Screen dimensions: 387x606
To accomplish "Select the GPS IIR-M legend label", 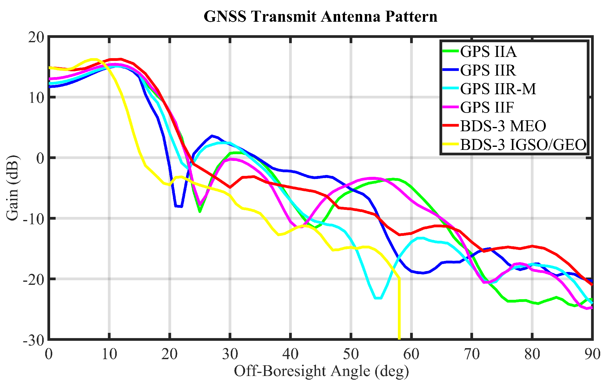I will point(498,89).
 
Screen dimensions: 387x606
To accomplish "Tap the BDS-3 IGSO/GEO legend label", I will point(523,145).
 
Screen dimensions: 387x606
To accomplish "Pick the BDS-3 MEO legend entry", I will point(503,126).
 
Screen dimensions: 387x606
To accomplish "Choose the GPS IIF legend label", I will point(487,107).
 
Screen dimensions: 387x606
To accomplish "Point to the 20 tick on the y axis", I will point(36,37).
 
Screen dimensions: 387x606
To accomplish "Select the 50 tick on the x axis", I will point(351,354).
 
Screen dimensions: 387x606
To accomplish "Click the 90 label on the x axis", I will point(592,354).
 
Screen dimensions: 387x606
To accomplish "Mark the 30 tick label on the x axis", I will point(230,354).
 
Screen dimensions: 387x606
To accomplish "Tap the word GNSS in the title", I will point(225,17).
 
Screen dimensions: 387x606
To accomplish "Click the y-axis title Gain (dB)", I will point(13,188).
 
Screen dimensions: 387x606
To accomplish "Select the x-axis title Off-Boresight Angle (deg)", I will point(321,371).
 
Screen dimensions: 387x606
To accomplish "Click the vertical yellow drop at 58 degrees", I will point(399,309).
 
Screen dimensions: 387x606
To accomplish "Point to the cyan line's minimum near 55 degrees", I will point(378,298).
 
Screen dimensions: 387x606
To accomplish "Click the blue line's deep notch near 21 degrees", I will point(179,206).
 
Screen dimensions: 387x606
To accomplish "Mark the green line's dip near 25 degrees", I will point(200,211).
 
